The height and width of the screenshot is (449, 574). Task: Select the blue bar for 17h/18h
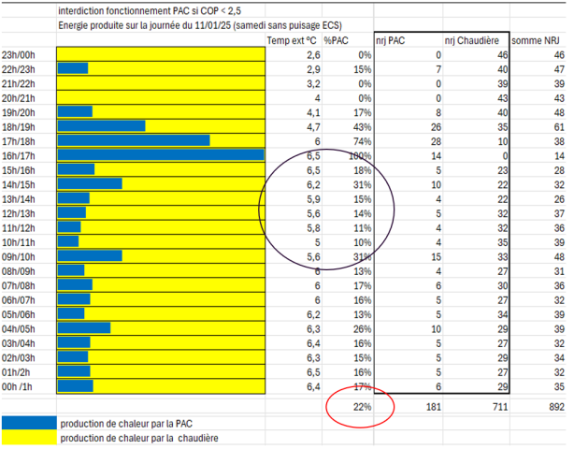coord(133,139)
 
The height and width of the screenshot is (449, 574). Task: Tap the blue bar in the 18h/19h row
coord(101,124)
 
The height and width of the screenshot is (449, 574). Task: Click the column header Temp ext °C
coord(292,40)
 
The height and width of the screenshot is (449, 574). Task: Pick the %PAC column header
coord(337,40)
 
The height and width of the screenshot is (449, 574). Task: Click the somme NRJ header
coord(540,40)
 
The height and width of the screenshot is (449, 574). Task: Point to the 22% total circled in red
coord(361,406)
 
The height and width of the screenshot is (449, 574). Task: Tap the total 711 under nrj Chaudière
coord(495,406)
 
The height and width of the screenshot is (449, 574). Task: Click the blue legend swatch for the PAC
coord(28,423)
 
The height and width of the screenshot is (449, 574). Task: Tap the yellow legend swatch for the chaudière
coord(28,437)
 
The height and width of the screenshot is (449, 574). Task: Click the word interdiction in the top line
coord(81,9)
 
